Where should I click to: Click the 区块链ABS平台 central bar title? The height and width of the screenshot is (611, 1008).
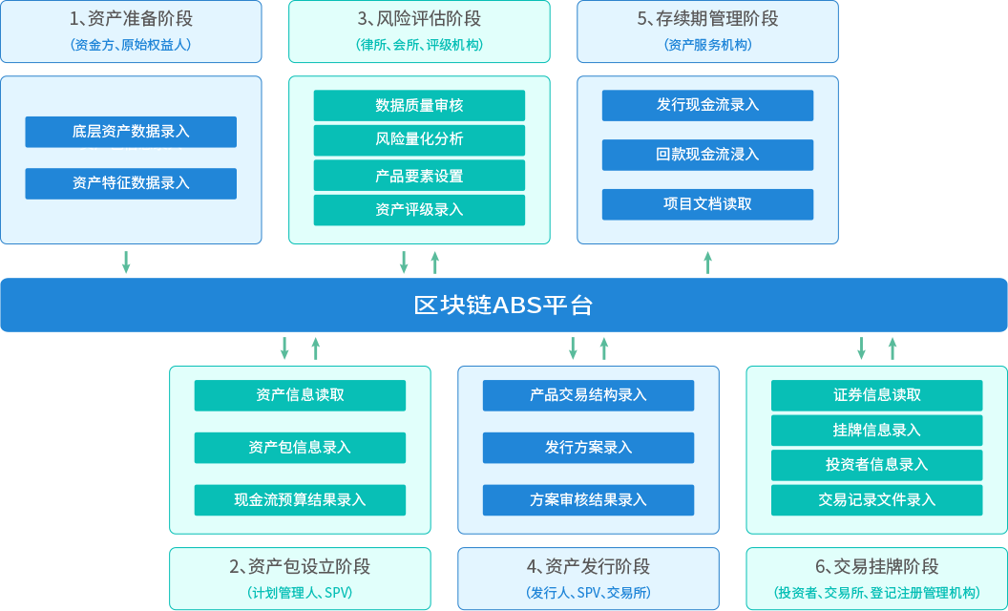click(503, 305)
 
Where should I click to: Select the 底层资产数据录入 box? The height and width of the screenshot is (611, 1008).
click(131, 132)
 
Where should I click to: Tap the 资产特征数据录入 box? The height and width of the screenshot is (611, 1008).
click(131, 183)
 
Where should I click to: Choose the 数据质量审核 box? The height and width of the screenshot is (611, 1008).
click(419, 106)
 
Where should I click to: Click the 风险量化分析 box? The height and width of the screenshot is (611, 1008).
click(419, 139)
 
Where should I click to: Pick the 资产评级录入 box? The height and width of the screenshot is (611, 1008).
click(419, 210)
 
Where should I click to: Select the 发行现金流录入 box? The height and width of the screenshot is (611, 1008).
click(707, 105)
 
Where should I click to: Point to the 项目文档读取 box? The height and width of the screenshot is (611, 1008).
click(707, 204)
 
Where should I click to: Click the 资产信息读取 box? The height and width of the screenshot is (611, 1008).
click(300, 395)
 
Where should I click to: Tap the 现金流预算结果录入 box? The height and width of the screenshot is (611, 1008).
click(300, 500)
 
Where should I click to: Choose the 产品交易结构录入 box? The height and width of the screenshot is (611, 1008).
click(588, 395)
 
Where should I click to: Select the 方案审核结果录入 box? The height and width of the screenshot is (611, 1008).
click(588, 500)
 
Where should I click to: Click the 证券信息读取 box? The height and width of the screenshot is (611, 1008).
click(876, 395)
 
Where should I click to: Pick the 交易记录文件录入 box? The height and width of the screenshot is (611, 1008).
click(876, 500)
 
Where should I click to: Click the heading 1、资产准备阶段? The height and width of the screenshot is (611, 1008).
click(131, 19)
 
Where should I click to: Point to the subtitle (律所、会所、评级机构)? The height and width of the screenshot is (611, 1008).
click(419, 45)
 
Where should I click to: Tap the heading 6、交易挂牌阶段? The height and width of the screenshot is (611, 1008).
click(876, 567)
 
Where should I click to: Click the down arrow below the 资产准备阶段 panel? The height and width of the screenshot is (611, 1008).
click(126, 262)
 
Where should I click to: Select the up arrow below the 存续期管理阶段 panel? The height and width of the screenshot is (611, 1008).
click(707, 262)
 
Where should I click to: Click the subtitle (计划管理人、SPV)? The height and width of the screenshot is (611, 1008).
click(300, 593)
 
